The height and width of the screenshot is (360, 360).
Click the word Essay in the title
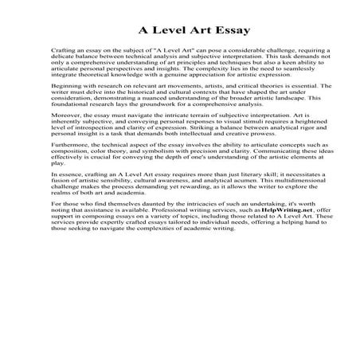point(229,31)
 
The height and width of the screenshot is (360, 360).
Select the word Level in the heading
point(174,31)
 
